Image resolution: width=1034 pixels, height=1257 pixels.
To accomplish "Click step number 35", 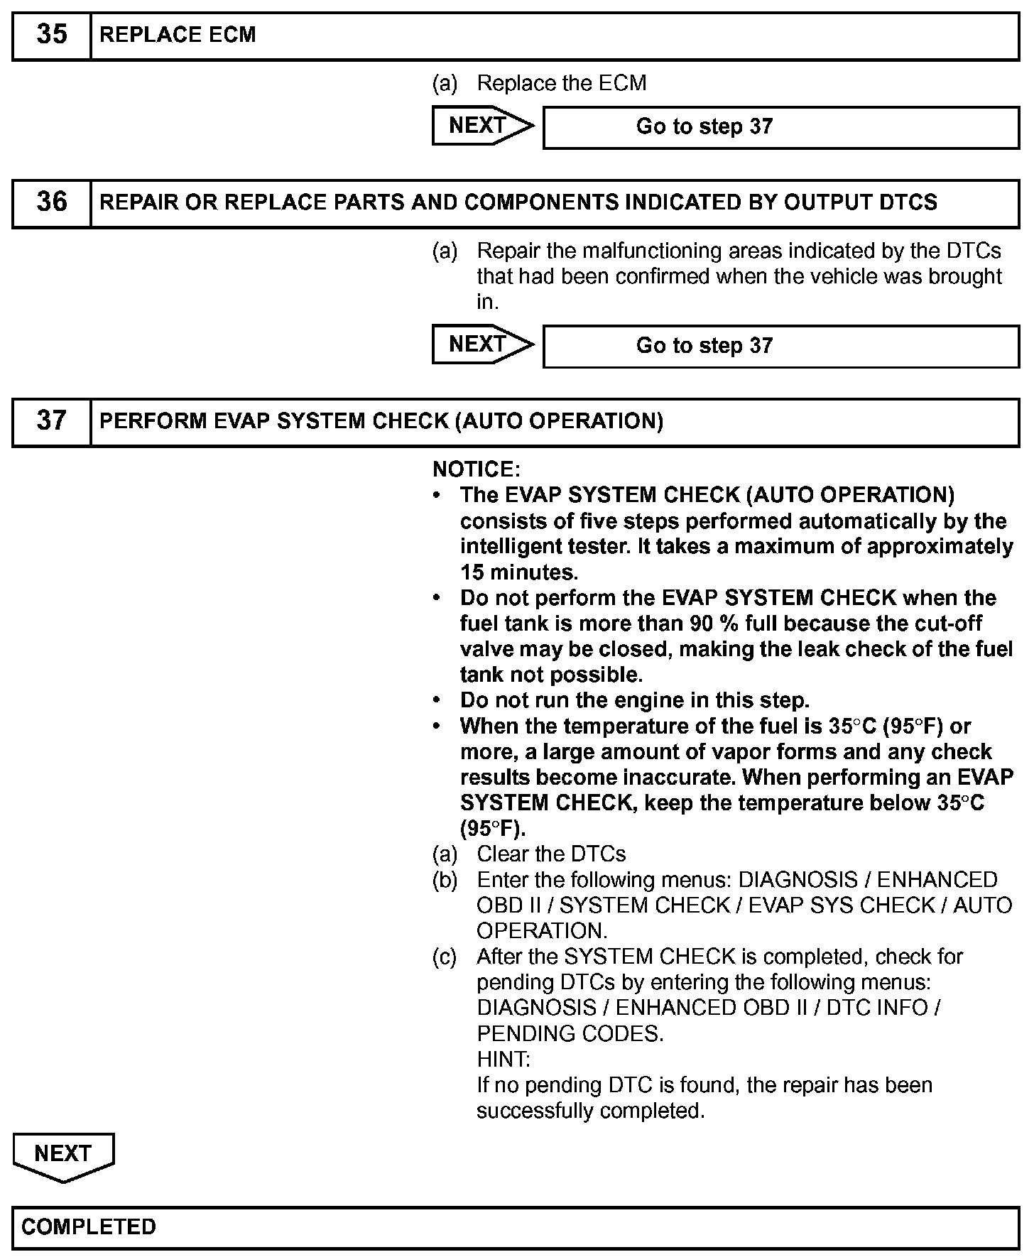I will click(x=51, y=35).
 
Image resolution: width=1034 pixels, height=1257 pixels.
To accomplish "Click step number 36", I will click(x=51, y=202).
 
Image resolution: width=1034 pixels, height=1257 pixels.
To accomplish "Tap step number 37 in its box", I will click(x=51, y=420).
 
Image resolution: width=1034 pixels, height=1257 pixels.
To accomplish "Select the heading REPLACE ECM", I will click(x=178, y=36).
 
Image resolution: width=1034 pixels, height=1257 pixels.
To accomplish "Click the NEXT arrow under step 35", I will click(x=481, y=126).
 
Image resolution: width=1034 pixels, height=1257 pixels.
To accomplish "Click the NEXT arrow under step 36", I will click(x=481, y=344).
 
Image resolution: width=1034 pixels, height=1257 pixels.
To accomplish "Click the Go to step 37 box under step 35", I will click(x=780, y=127).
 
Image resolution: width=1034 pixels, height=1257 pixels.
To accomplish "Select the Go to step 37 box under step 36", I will click(x=780, y=346).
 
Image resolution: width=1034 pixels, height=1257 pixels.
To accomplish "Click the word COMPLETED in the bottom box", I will click(x=89, y=1226).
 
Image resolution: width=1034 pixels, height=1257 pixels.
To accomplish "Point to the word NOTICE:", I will click(x=477, y=469).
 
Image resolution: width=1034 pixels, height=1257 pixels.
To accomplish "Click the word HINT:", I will click(x=504, y=1060).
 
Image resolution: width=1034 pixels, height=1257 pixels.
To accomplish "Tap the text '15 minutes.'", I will click(x=519, y=572).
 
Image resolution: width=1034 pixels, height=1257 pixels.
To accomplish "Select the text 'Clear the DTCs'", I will click(x=551, y=854).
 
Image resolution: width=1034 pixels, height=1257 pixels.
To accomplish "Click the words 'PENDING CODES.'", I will click(x=570, y=1034).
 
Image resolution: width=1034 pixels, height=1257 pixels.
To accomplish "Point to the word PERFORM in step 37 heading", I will click(x=151, y=421).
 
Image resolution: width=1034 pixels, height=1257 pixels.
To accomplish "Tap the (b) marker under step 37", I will click(x=445, y=881).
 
